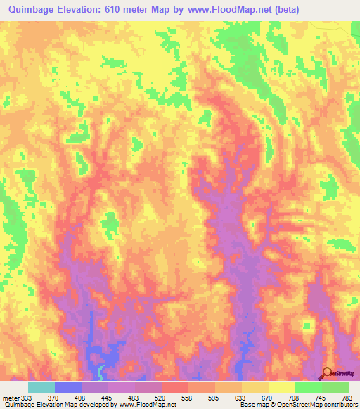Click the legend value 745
point(321,398)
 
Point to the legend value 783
point(347,398)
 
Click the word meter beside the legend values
point(11,398)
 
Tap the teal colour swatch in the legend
point(41,387)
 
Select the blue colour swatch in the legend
point(67,387)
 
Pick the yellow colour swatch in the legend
point(281,387)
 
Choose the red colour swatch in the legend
point(174,387)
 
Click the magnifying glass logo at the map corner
point(328,373)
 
